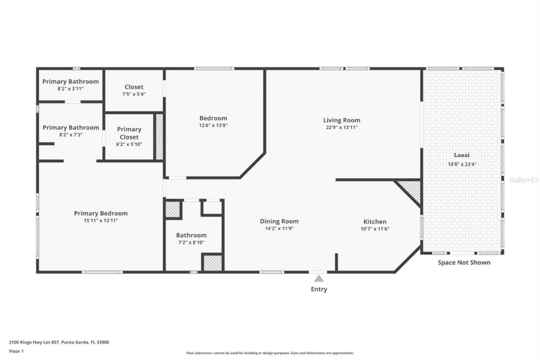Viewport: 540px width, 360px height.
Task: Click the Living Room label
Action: pos(342,120)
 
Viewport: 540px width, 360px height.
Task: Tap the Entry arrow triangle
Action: pos(319,279)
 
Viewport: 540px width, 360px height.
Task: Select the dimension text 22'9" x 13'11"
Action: pos(342,127)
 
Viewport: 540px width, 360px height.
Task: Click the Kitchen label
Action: pos(375,222)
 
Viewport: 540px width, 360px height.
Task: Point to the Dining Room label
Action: pos(279,221)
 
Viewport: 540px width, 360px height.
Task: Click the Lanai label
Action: pos(461,155)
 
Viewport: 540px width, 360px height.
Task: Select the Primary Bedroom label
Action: pos(101,213)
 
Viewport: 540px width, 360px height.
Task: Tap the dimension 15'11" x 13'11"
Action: pos(101,221)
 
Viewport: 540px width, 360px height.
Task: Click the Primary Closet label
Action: pos(129,133)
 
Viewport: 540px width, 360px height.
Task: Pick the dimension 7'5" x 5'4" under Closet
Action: pos(134,94)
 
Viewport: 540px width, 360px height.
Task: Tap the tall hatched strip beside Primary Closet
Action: pos(159,137)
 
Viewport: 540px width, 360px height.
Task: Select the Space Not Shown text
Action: pos(464,262)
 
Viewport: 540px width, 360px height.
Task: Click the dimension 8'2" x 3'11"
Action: pos(70,89)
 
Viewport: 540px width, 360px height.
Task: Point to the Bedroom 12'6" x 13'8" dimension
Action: pos(213,125)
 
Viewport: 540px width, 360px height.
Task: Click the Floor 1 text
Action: pos(16,351)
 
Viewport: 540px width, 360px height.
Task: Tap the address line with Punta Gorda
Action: pos(59,342)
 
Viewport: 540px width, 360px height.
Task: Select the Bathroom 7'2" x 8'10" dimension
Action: pos(191,242)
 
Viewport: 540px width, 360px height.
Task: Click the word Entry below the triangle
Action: pos(319,289)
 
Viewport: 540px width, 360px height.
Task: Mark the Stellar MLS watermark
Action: pos(524,180)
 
